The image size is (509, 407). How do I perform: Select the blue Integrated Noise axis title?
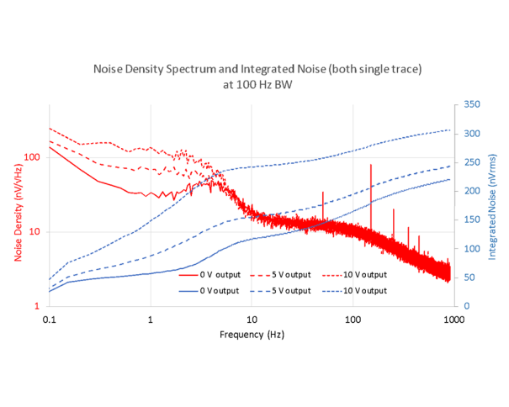(492, 204)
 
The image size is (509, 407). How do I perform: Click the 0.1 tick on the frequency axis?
(49, 319)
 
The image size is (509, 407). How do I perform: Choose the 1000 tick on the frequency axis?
(453, 319)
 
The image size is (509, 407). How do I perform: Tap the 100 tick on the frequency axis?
(353, 319)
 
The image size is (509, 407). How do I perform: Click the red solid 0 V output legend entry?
(204, 275)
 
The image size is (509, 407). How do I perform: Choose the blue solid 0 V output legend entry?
(204, 290)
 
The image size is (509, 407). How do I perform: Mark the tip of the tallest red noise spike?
(370, 165)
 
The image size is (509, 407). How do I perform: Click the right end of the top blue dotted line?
(450, 129)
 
